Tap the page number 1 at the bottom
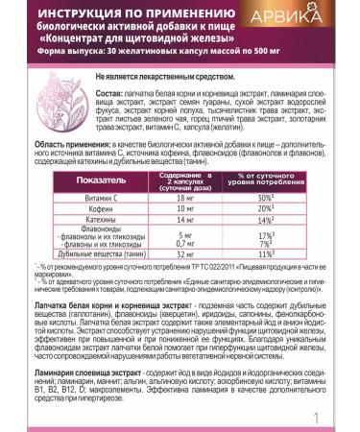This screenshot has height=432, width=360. [x=341, y=416]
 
